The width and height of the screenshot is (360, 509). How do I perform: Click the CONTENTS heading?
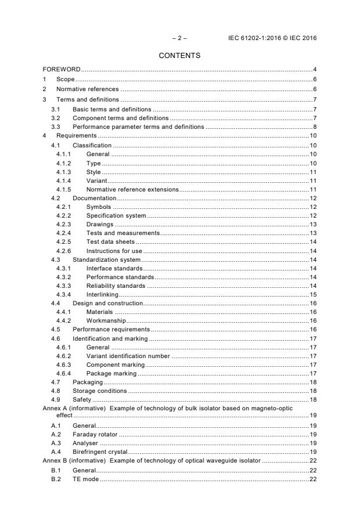click(179, 56)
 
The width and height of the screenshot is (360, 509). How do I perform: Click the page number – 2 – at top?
click(179, 38)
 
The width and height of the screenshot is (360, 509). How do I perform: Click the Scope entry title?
click(66, 79)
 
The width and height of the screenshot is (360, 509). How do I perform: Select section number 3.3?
click(55, 126)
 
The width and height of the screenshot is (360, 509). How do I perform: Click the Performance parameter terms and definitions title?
click(138, 126)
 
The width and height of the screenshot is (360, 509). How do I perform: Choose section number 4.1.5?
click(63, 189)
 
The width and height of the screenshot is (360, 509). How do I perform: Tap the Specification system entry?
click(116, 216)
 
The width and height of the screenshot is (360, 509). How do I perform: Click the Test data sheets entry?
click(110, 241)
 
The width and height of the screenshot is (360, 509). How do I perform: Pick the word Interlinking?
click(102, 295)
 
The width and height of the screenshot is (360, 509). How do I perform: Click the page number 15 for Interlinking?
click(312, 295)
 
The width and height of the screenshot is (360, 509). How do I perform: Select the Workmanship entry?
click(106, 320)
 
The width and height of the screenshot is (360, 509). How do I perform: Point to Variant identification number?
click(128, 356)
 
